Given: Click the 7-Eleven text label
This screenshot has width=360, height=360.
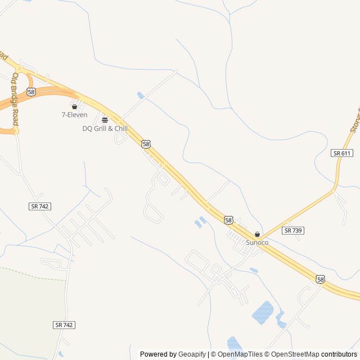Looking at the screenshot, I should (x=74, y=115).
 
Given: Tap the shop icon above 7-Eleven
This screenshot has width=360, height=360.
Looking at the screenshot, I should (x=74, y=106).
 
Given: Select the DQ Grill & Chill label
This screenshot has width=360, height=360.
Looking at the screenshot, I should (x=105, y=128).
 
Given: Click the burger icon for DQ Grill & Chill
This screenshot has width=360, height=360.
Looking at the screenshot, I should (x=105, y=120).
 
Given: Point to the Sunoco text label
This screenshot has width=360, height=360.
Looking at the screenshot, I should (x=257, y=242).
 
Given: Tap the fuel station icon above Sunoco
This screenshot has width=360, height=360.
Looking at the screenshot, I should (x=258, y=234).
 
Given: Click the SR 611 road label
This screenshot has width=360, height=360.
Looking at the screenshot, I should (x=342, y=153).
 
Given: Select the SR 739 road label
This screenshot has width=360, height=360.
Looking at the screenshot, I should (x=294, y=231).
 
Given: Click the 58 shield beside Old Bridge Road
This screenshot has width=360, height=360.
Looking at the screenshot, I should (x=31, y=91).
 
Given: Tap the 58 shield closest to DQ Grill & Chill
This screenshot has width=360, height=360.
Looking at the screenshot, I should (x=146, y=144).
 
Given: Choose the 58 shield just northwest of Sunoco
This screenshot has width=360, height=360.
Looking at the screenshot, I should (x=228, y=220).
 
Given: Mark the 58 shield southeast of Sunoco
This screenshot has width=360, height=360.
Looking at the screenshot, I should (x=320, y=279).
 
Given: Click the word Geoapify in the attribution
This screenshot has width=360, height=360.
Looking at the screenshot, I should (x=192, y=354).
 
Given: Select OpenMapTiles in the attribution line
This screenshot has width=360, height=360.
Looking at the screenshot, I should (x=240, y=354).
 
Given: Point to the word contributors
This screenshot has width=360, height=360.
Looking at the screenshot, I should (x=339, y=354).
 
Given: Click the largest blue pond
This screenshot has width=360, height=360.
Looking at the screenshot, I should (x=262, y=313).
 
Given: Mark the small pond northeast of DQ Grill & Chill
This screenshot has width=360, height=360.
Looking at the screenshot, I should (x=141, y=96).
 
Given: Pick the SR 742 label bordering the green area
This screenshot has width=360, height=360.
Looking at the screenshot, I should (x=65, y=325).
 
